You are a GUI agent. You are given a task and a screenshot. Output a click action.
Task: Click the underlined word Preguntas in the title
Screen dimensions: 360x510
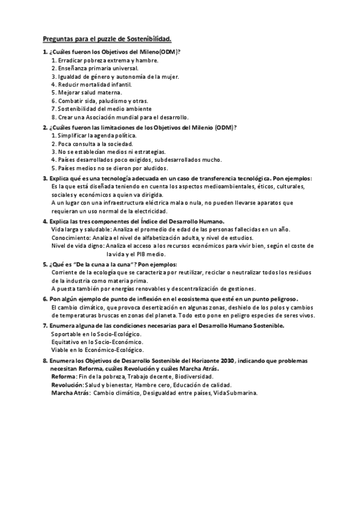tap(59, 39)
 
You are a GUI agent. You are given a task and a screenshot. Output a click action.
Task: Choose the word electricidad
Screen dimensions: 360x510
tap(144, 211)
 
